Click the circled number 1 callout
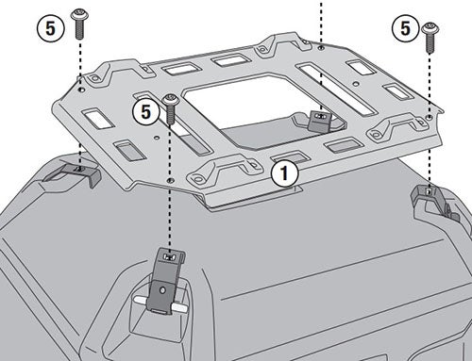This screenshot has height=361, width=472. [284, 173]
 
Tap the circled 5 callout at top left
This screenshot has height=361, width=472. [50, 28]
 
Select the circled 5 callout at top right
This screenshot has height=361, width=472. [405, 28]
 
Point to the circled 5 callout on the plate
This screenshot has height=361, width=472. [146, 112]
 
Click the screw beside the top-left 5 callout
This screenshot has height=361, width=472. [79, 24]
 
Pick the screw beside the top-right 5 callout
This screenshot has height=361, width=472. [430, 37]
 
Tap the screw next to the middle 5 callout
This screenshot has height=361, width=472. [171, 108]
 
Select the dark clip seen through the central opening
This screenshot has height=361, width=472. [320, 121]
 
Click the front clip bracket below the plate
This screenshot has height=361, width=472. [165, 280]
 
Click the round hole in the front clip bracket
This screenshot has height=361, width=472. [162, 290]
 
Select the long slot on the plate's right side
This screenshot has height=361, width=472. [337, 89]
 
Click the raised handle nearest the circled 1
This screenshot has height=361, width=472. [224, 168]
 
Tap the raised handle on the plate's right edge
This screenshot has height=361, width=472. [399, 125]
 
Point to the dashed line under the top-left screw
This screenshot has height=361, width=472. [80, 104]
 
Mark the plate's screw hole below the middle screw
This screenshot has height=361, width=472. [171, 180]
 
